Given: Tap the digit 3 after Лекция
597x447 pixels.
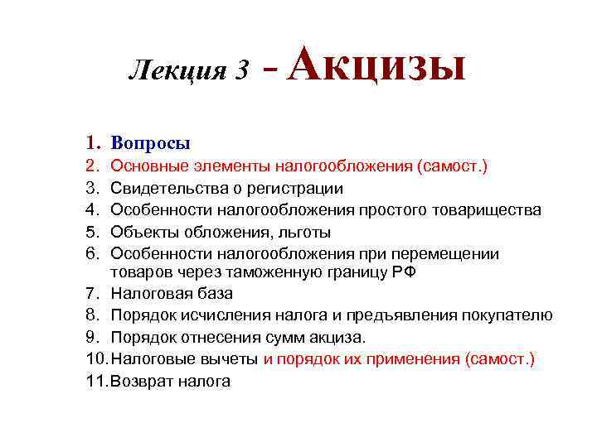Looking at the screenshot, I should [x=241, y=72].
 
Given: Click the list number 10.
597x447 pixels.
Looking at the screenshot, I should [x=96, y=359].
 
